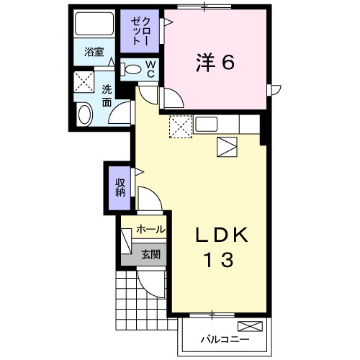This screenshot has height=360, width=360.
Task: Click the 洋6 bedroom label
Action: [215, 63]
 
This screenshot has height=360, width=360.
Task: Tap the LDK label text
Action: [222, 235]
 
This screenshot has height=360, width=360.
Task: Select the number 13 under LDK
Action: [219, 260]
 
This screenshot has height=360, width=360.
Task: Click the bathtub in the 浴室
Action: [94, 24]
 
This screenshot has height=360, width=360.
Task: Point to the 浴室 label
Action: [94, 52]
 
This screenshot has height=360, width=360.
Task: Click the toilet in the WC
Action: [130, 69]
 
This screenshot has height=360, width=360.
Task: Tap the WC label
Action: [150, 69]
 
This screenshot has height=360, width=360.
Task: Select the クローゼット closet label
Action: [140, 32]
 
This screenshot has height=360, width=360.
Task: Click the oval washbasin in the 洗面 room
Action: [86, 114]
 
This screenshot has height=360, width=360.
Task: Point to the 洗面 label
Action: [107, 96]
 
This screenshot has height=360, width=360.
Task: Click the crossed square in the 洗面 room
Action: [84, 81]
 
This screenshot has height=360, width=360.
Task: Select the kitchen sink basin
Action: [207, 124]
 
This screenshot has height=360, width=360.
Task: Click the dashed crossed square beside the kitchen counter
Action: [181, 127]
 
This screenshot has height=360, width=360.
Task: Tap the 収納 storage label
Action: [120, 188]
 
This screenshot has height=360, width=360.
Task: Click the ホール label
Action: [150, 230]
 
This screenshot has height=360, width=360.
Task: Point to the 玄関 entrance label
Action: [150, 254]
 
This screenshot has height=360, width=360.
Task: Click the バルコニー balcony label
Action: [225, 339]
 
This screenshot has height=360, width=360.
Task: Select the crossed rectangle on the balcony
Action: [250, 326]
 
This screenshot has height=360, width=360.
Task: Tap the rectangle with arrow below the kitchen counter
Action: [227, 147]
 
